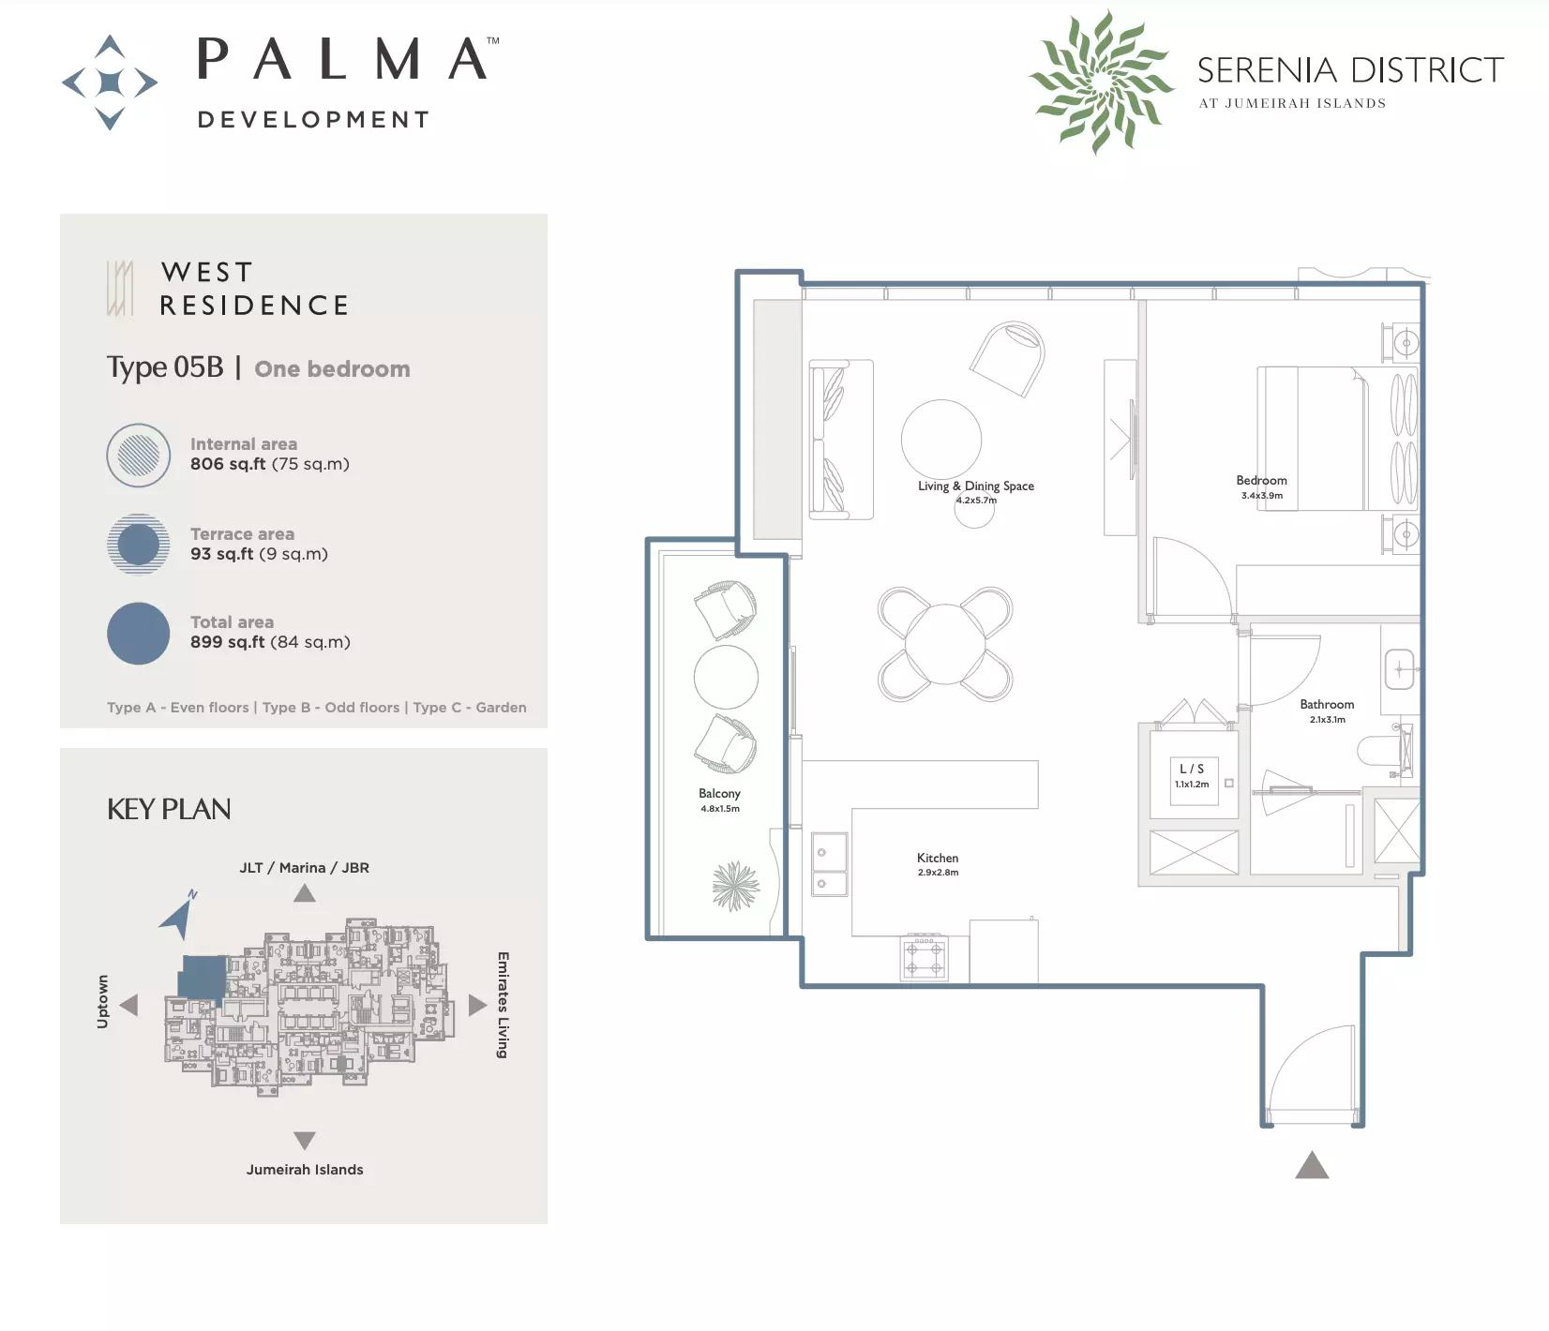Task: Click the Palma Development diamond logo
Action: (110, 82)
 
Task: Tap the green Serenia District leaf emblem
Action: (1101, 82)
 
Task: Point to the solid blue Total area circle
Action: (138, 634)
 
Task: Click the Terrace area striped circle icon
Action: (138, 544)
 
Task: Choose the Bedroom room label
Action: (1261, 480)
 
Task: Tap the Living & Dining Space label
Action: (976, 486)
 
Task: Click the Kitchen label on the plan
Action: (938, 858)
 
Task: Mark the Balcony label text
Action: (719, 793)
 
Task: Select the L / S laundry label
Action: (1192, 769)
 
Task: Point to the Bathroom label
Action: (1327, 704)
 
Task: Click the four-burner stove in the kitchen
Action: (924, 958)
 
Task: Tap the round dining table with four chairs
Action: (945, 644)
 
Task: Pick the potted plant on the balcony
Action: (735, 886)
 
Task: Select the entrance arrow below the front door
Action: (1312, 1165)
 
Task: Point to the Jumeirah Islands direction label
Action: (305, 1170)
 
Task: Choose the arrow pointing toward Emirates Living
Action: (477, 1005)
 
